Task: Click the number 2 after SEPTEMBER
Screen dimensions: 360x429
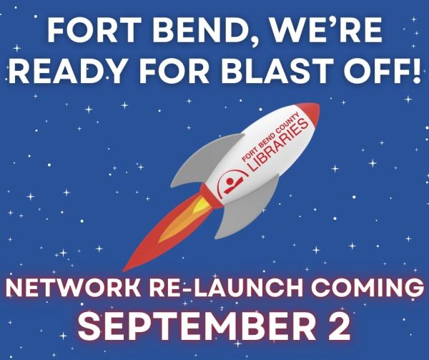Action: coord(336,325)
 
